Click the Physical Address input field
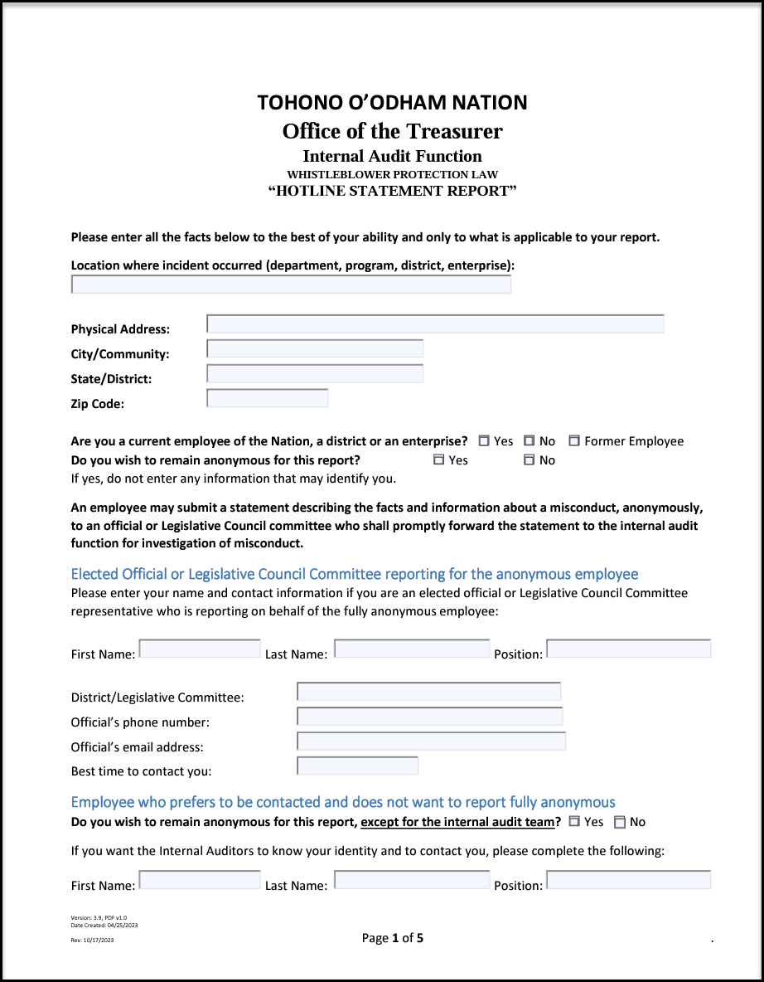pos(435,324)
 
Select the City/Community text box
pos(315,349)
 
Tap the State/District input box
pos(315,374)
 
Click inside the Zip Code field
pos(267,399)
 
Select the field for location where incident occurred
pos(291,285)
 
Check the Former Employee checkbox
pos(574,441)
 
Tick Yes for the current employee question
pos(484,441)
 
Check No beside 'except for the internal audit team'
pos(620,823)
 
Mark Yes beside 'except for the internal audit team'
pos(574,822)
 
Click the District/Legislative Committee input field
pos(428,692)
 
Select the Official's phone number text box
pos(429,717)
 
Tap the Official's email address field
pos(431,741)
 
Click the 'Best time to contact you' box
pos(357,766)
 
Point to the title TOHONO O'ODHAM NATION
pos(392,103)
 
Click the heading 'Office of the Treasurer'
pos(392,131)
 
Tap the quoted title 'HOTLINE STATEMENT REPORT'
pos(392,191)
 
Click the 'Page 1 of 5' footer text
pos(392,938)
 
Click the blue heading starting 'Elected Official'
pos(355,574)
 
